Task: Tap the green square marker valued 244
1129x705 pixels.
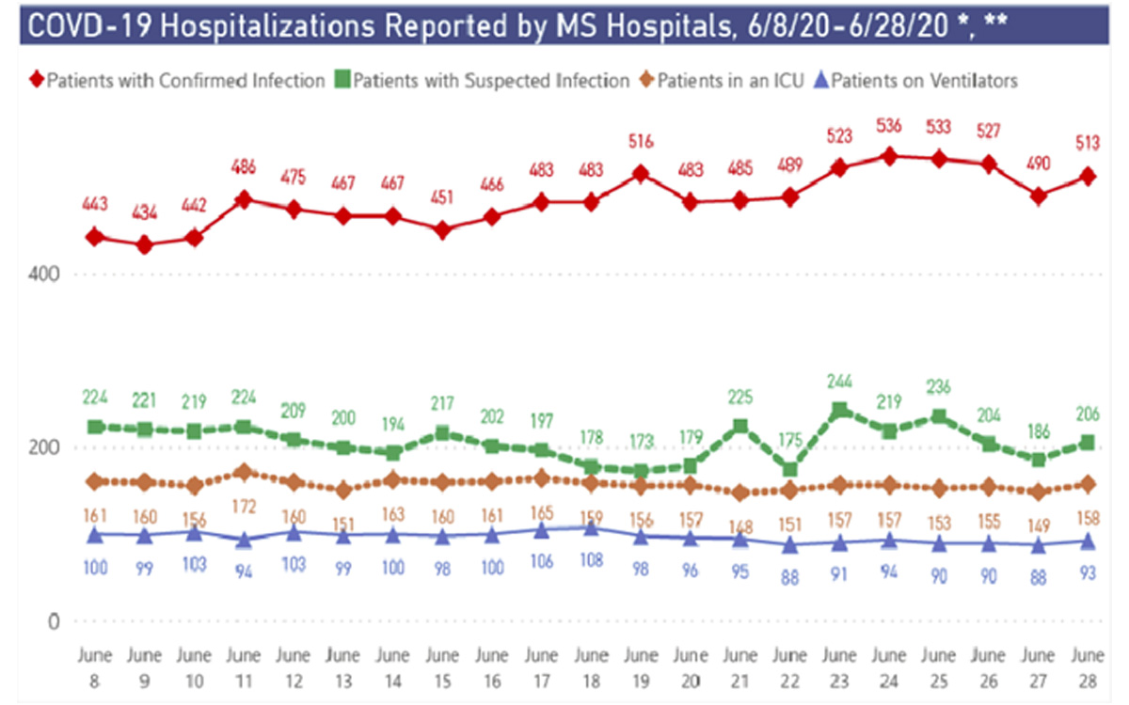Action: click(x=839, y=411)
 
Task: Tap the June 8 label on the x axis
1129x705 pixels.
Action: click(x=94, y=664)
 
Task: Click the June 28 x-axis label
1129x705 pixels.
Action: click(x=1087, y=664)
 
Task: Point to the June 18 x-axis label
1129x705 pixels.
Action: click(x=591, y=664)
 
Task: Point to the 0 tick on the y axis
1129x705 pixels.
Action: click(x=55, y=621)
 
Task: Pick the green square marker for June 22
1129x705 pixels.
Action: click(x=790, y=469)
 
